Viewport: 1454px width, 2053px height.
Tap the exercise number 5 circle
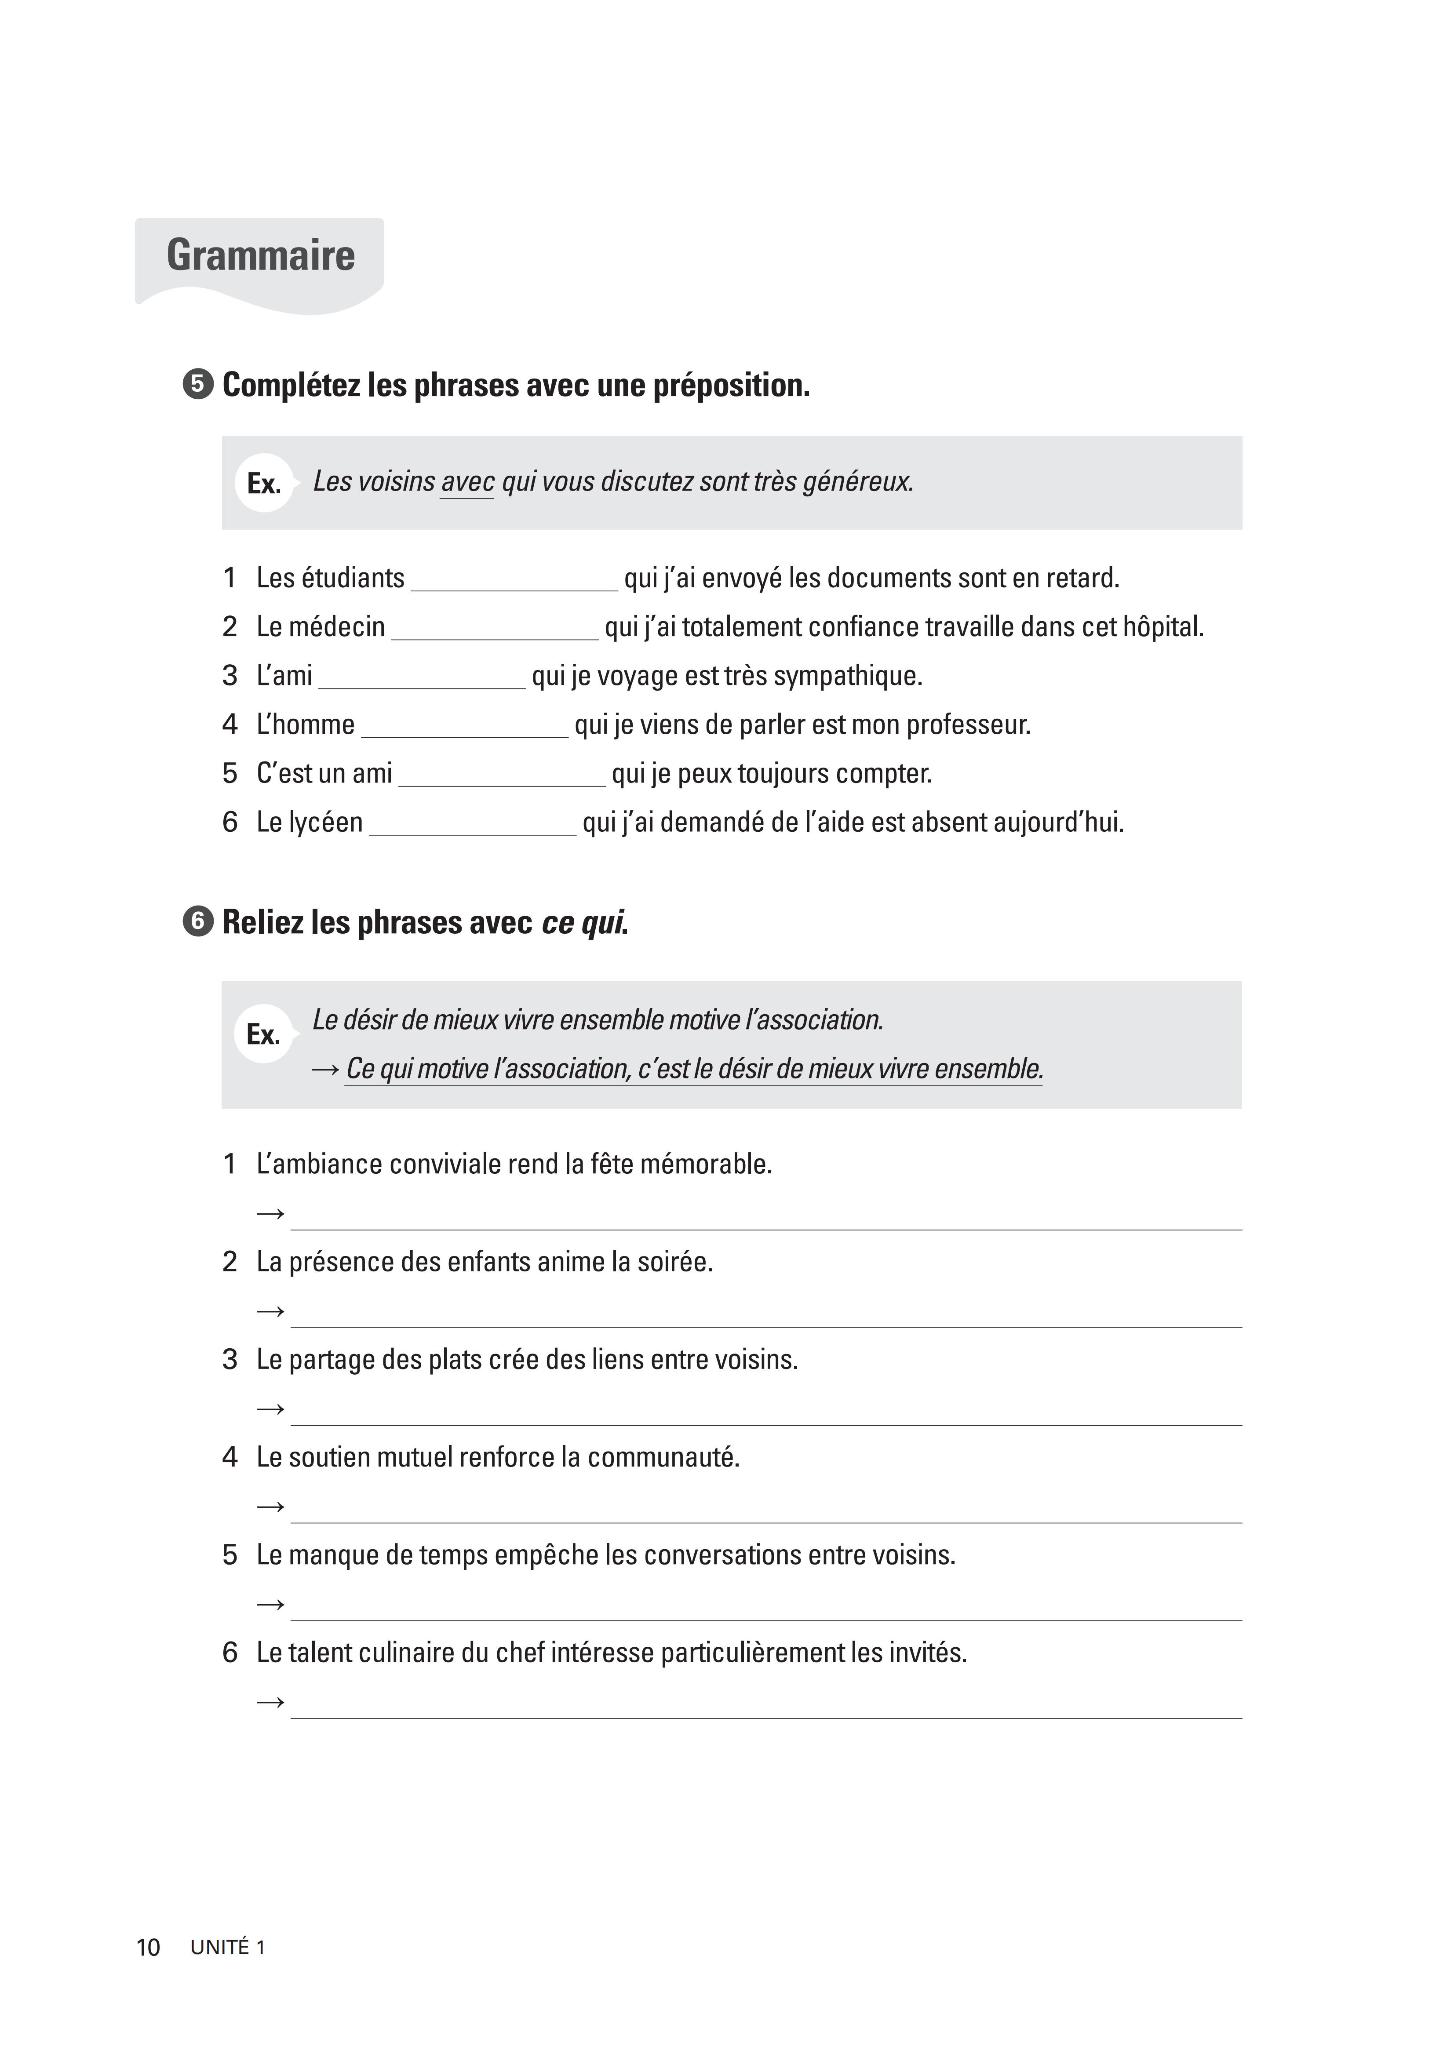[x=198, y=385]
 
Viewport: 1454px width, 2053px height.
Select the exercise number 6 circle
[x=198, y=922]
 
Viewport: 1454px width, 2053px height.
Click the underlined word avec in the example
[x=467, y=482]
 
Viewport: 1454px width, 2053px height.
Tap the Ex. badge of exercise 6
[x=263, y=1034]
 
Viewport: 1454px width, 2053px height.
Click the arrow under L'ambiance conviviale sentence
[x=270, y=1215]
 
